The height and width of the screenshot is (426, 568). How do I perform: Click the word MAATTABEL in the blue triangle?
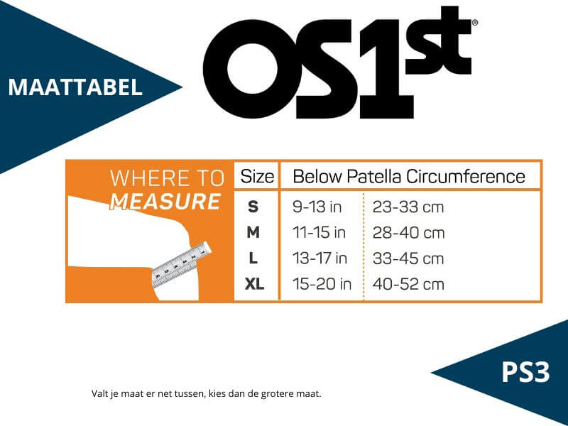click(75, 87)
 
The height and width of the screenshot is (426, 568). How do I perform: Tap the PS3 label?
click(525, 372)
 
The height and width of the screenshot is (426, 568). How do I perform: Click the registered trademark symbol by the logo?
click(475, 23)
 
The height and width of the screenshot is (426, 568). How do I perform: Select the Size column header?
click(257, 176)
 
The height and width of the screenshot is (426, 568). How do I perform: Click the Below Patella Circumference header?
click(409, 176)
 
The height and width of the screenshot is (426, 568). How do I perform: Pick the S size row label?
click(253, 207)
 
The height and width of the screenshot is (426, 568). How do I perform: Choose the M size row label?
click(253, 232)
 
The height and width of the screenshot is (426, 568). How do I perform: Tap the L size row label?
click(253, 258)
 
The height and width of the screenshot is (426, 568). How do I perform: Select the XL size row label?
click(254, 284)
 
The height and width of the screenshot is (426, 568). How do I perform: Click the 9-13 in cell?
click(317, 207)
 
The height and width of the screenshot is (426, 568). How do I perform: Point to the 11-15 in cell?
click(319, 233)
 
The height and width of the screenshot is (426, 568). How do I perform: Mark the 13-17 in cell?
click(320, 258)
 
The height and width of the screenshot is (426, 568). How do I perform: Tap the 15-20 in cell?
click(322, 284)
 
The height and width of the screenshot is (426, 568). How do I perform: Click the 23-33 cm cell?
click(408, 207)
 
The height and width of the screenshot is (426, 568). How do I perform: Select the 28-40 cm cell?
click(409, 233)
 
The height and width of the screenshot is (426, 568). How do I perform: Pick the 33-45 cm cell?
click(408, 258)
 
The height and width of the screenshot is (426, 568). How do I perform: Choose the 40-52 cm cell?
click(408, 285)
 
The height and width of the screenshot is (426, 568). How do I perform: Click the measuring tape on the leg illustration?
click(181, 264)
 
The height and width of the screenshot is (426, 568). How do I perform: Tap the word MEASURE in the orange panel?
click(165, 202)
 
